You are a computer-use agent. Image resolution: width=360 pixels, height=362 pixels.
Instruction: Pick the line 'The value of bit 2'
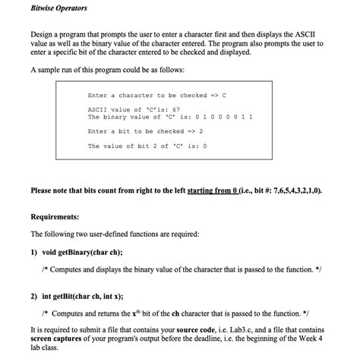(x=148, y=146)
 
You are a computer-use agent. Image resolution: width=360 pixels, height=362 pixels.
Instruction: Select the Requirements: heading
(x=55, y=216)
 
